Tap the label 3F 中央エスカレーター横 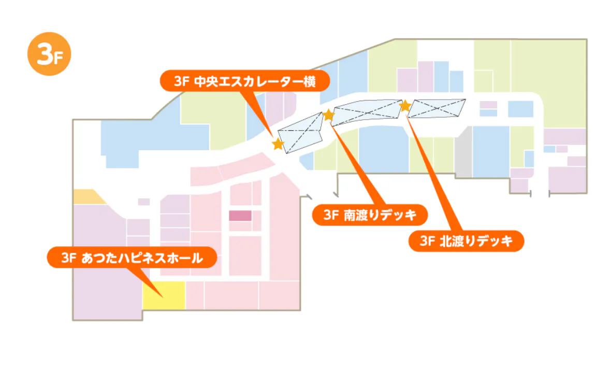point(244,81)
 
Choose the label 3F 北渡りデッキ point(466,241)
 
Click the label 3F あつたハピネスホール point(132,257)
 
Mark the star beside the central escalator point(278,144)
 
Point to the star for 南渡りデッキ point(329,115)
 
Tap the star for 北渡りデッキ point(405,106)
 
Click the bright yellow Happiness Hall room point(164,295)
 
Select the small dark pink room point(240,216)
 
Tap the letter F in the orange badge point(58,57)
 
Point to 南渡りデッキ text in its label point(380,215)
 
